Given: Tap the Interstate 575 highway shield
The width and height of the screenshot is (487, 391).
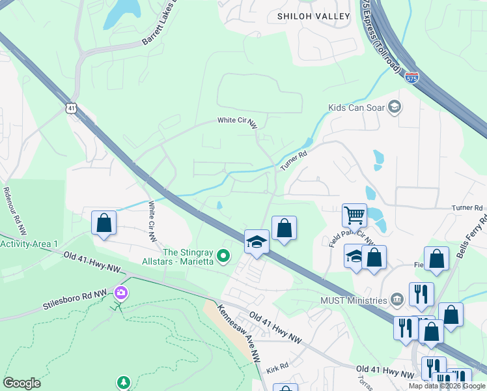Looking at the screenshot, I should point(411,78).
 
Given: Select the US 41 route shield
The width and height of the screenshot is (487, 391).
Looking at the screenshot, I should point(71,108).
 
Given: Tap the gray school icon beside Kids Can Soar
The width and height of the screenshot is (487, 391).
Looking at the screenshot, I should point(394,106).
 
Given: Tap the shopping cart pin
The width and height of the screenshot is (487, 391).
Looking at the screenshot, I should point(354,216).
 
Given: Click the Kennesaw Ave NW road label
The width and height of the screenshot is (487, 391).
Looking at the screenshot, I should point(239,332).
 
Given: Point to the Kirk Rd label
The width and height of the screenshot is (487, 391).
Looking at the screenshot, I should point(277,368).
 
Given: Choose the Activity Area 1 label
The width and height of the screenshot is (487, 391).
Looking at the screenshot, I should point(29,244).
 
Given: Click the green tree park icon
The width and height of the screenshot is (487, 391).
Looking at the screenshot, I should point(123,381).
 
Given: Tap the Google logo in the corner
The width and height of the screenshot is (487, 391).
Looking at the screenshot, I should point(21,383).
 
